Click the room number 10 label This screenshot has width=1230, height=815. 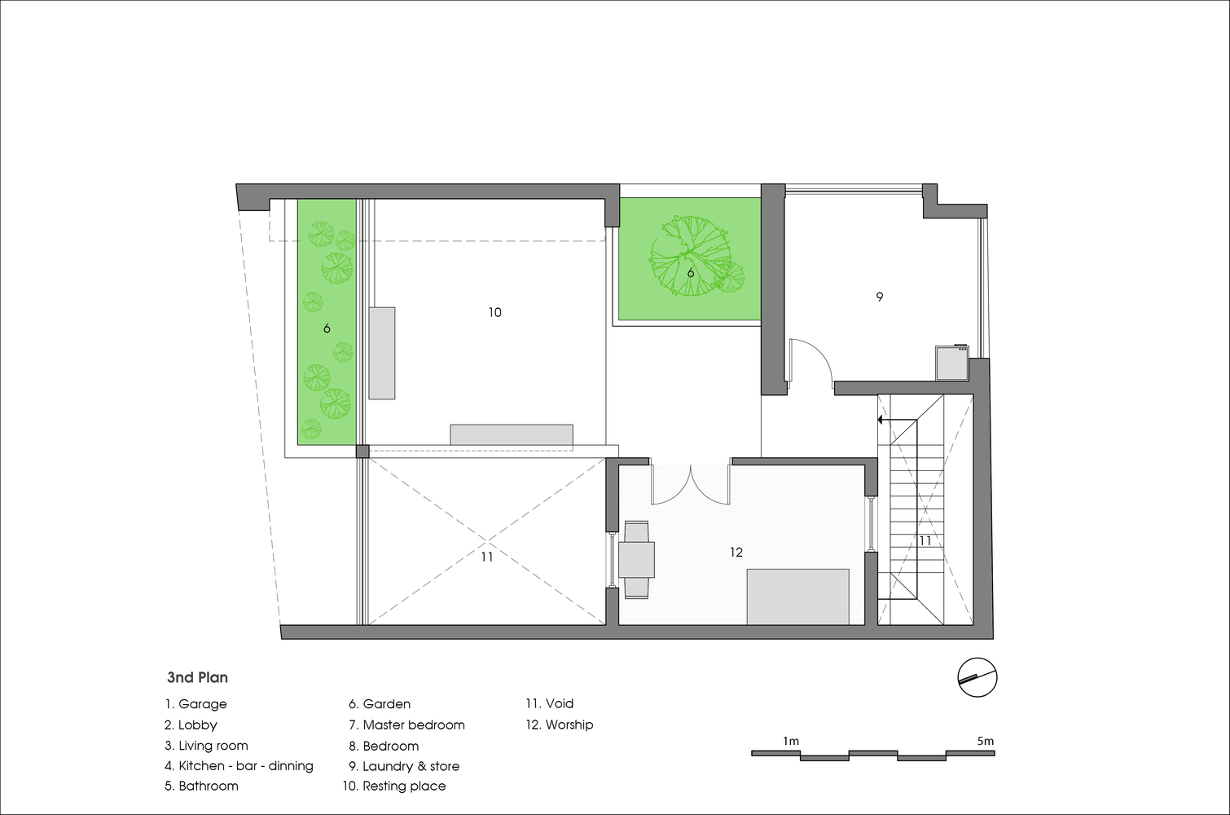pos(494,313)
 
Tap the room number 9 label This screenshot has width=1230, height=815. pos(880,297)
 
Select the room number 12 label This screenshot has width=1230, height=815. pos(736,553)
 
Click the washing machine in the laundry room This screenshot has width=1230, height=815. pos(952,362)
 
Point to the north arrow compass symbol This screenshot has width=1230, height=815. pos(977,677)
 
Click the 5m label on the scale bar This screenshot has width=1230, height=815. pos(985,741)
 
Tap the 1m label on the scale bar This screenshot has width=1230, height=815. pos(791,741)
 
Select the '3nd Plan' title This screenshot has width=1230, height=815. pos(197,677)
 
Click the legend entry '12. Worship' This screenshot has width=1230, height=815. pos(560,725)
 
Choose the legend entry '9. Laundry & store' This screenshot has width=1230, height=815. pos(404,766)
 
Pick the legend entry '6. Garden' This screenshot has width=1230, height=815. pos(380,704)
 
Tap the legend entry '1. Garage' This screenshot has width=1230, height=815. pos(196,704)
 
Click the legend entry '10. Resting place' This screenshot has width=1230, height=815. pos(394,786)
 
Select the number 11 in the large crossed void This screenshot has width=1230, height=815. pos(486,557)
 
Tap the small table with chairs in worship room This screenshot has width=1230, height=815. pos(637,559)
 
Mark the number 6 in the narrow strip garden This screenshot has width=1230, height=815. pos(327,328)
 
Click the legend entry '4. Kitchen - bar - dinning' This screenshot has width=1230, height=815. pos(239,766)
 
